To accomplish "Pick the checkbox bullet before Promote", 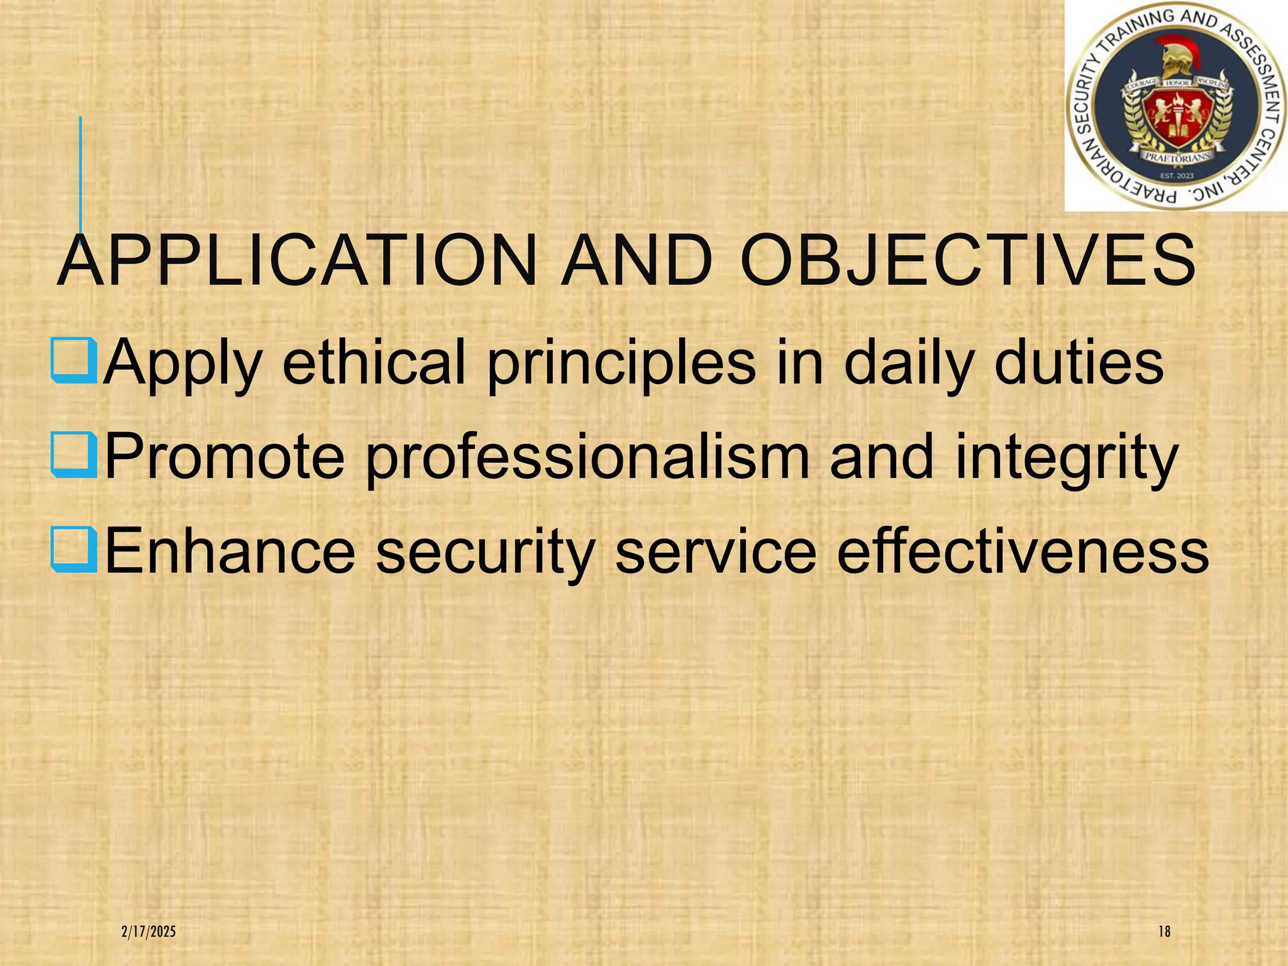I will pyautogui.click(x=74, y=456).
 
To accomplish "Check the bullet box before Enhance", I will pyautogui.click(x=74, y=550).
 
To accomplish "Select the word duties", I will pyautogui.click(x=1078, y=363).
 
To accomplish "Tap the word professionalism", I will pyautogui.click(x=587, y=458).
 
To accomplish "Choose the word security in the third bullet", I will pyautogui.click(x=485, y=552).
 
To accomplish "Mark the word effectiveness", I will pyautogui.click(x=1023, y=551).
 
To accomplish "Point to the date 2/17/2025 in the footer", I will pyautogui.click(x=148, y=931).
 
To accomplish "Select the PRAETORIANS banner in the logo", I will pyautogui.click(x=1175, y=157).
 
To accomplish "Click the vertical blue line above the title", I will pyautogui.click(x=80, y=170).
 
